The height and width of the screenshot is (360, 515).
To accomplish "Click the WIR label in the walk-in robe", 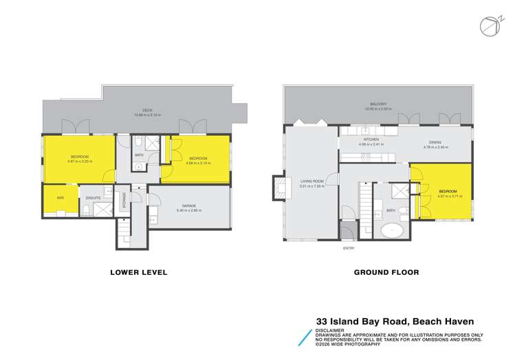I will point(60,197).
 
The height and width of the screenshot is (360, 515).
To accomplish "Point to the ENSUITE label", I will point(94,198).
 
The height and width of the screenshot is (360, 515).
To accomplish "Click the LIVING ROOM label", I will point(311,181).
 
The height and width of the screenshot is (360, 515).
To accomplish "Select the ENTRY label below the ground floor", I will point(349,249).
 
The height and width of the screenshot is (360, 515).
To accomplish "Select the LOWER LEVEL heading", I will point(138,272).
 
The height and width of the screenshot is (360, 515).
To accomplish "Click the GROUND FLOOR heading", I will point(386,272).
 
